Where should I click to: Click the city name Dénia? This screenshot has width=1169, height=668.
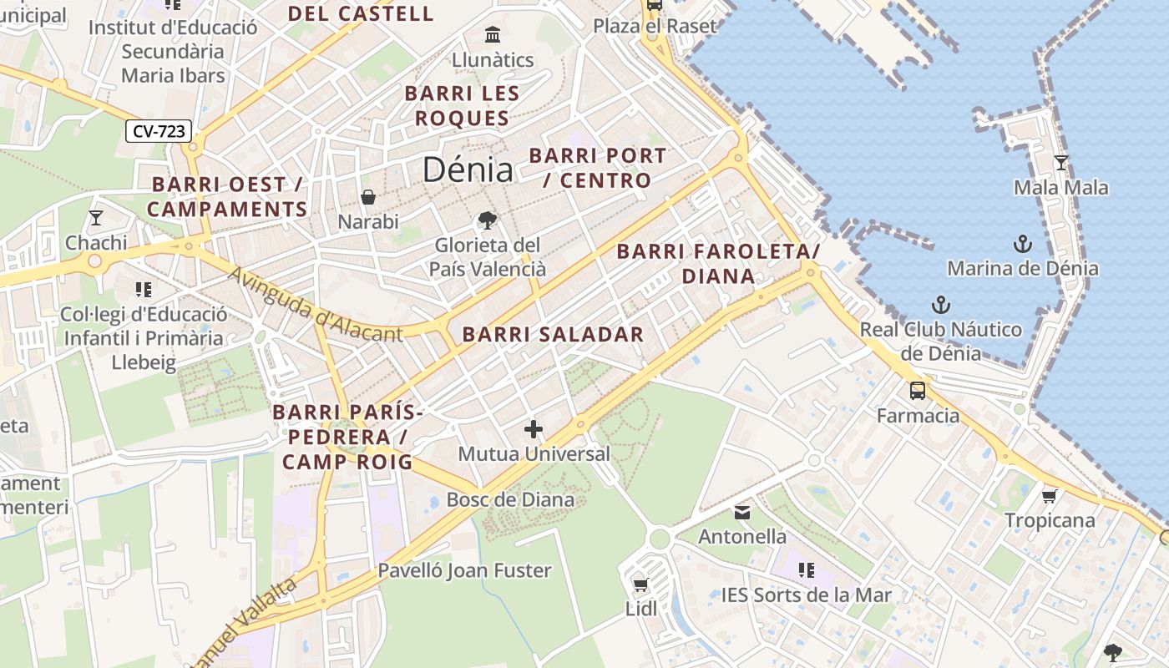[467, 170]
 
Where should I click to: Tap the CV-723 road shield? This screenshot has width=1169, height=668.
[159, 131]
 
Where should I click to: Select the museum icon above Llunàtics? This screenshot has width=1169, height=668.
[493, 35]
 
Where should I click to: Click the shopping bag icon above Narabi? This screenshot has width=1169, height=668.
[367, 197]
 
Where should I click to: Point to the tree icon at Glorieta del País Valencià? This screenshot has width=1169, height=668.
[487, 220]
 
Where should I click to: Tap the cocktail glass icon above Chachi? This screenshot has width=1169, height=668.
[96, 218]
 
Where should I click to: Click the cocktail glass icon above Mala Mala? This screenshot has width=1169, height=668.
[1060, 163]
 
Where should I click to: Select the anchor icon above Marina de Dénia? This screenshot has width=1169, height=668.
[1022, 244]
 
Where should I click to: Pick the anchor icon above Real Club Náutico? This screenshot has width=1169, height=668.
[941, 305]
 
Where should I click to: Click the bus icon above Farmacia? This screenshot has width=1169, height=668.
[918, 390]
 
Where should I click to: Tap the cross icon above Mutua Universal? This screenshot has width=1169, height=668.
[534, 429]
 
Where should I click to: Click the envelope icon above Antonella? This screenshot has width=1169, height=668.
[742, 512]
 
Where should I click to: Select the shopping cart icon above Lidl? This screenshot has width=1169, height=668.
[640, 584]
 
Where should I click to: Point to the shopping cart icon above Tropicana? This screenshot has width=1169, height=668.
[1050, 496]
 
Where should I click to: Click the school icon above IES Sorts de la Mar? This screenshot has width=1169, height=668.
[806, 570]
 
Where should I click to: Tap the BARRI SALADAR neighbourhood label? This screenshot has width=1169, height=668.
[553, 335]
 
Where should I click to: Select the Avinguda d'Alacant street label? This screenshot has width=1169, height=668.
[315, 306]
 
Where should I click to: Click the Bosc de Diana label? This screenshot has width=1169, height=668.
[510, 500]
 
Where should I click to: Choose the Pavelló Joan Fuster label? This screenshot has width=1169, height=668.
[464, 571]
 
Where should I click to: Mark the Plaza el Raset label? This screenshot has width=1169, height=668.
[655, 26]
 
